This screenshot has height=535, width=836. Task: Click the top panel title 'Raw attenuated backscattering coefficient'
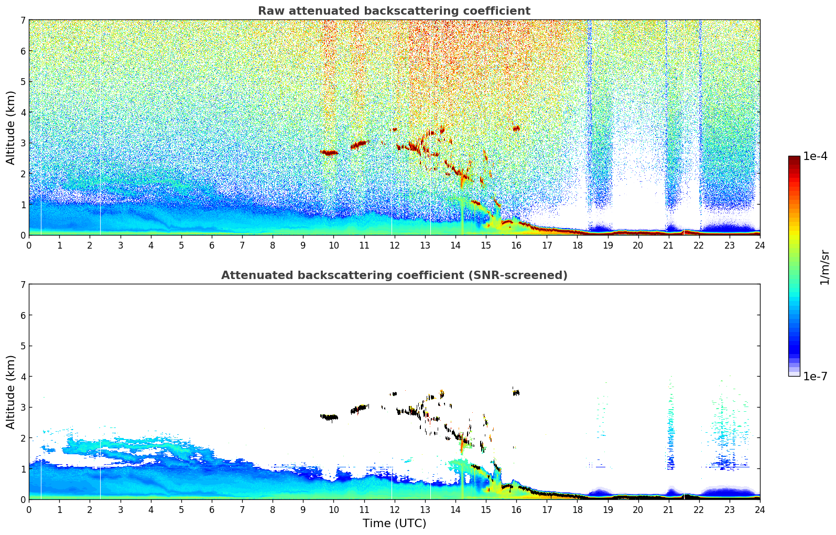tap(394, 11)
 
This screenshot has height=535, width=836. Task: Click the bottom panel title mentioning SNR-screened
tap(394, 275)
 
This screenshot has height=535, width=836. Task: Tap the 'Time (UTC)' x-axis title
tap(394, 523)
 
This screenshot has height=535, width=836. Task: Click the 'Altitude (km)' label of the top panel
tap(11, 127)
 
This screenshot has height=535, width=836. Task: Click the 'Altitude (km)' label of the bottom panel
tap(11, 392)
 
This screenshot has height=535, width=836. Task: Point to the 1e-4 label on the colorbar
tap(815, 156)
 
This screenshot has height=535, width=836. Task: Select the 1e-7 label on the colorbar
tap(815, 376)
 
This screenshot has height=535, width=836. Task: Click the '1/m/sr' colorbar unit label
tap(824, 267)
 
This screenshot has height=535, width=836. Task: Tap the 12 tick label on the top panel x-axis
tap(394, 245)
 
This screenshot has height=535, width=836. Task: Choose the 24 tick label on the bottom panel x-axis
tap(759, 509)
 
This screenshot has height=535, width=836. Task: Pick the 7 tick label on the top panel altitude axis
tap(23, 20)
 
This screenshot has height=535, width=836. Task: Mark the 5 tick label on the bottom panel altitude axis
tap(23, 346)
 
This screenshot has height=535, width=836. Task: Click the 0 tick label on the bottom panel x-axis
tap(29, 509)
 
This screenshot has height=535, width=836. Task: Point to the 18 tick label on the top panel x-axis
tap(577, 245)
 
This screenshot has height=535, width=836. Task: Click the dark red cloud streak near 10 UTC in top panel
tap(330, 153)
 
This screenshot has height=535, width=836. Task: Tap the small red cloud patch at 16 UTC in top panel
tap(516, 128)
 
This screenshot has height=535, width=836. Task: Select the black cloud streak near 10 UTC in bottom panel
tap(330, 418)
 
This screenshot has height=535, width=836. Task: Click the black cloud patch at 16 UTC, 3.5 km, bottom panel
tap(516, 392)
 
